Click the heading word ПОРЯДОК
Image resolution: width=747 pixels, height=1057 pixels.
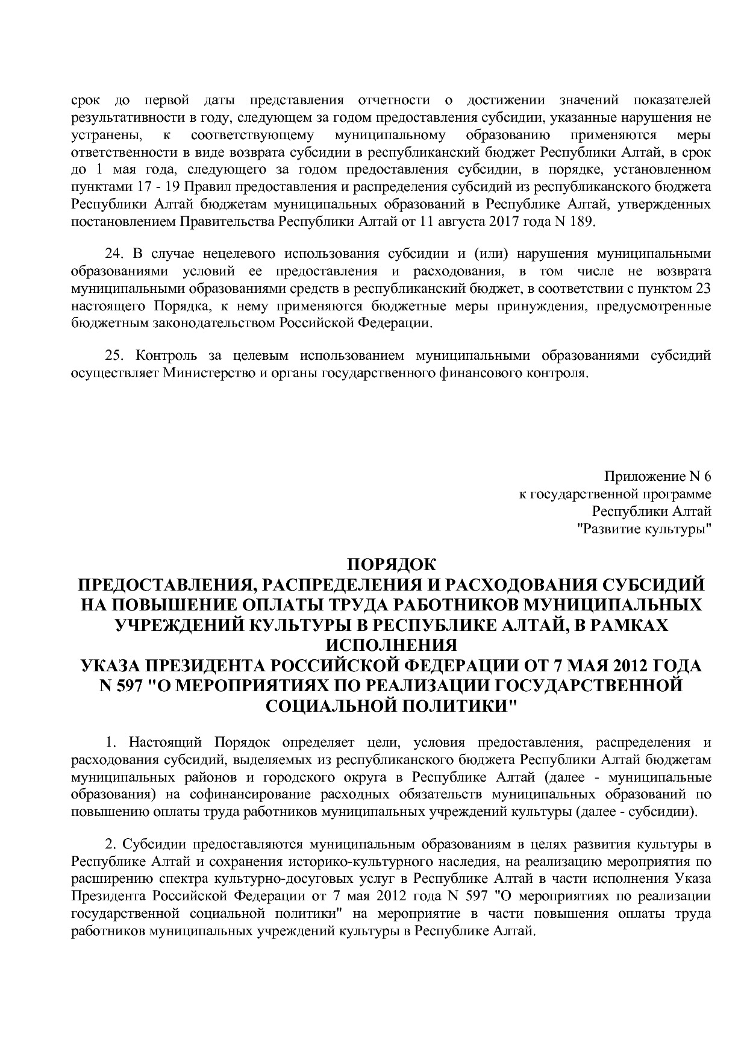[x=391, y=565]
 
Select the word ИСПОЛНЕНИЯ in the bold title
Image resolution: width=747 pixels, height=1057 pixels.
[x=391, y=645]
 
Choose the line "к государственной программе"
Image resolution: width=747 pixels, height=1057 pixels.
[x=615, y=494]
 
